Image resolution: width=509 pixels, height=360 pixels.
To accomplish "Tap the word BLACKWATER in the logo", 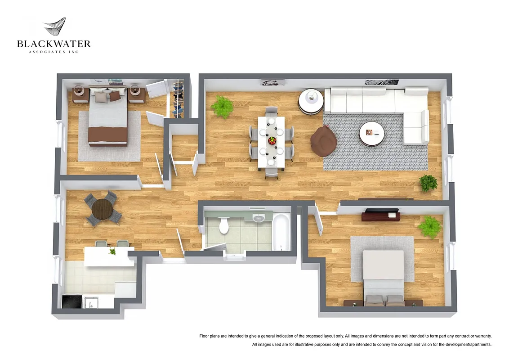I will (54, 44).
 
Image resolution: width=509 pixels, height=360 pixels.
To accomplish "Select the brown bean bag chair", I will (324, 140).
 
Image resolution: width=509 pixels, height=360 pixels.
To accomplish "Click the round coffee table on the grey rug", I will (371, 133).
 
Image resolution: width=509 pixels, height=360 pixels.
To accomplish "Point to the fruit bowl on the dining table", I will (272, 140).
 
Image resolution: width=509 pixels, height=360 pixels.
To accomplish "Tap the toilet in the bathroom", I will (224, 225).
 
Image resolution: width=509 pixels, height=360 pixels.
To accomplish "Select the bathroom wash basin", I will (259, 219).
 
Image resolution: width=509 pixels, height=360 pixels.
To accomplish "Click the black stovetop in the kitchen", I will (72, 301).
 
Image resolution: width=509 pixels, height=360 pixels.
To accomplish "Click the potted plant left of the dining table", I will (222, 107).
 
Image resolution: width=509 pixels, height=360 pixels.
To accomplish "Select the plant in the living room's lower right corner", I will (428, 183).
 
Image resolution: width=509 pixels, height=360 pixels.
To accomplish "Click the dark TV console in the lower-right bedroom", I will (381, 216).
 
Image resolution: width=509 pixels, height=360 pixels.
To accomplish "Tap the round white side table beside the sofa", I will (311, 101).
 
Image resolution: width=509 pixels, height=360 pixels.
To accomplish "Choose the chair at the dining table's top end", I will (272, 111).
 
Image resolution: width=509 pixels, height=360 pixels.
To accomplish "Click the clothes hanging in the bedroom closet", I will (178, 98).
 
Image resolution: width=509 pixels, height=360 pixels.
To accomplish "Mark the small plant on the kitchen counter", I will (112, 251).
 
